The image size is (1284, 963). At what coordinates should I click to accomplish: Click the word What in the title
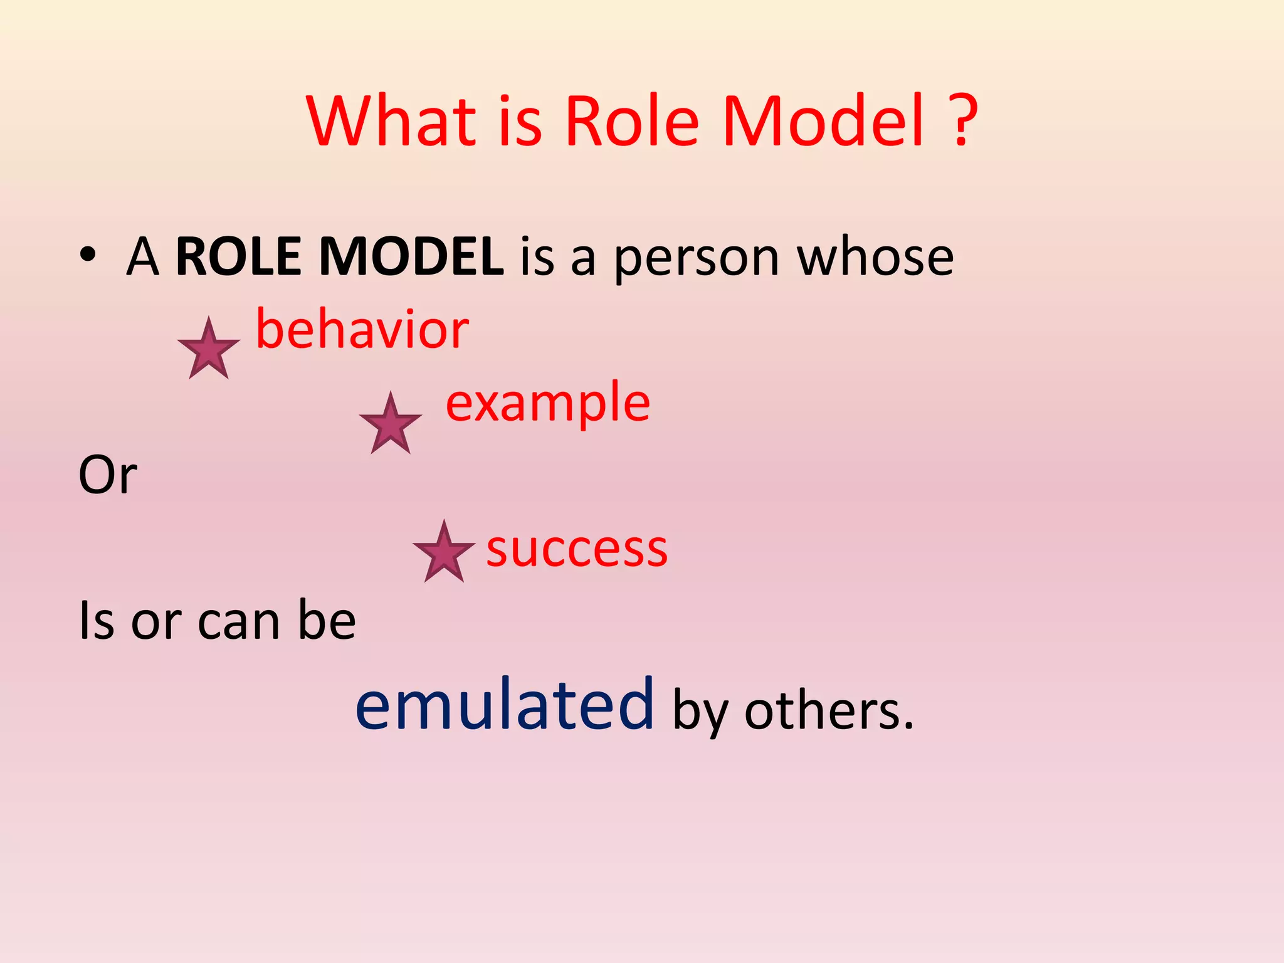tap(392, 120)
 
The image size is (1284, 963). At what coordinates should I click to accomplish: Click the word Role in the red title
tap(632, 120)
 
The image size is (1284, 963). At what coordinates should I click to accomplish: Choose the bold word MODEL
tap(411, 256)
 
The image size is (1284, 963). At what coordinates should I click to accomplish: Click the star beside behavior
tap(209, 349)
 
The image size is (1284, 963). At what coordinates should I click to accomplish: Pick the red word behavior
tap(362, 329)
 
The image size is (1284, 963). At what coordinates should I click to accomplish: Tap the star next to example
tap(391, 424)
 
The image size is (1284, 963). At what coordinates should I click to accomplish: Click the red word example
tap(548, 403)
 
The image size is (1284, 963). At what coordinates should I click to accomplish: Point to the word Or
tap(108, 475)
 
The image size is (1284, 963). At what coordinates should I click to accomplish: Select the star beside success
tap(444, 552)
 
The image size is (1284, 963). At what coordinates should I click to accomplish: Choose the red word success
tap(577, 549)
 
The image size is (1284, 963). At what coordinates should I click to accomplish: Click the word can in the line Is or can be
tap(238, 621)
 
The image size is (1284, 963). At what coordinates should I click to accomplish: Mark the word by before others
tap(700, 713)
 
